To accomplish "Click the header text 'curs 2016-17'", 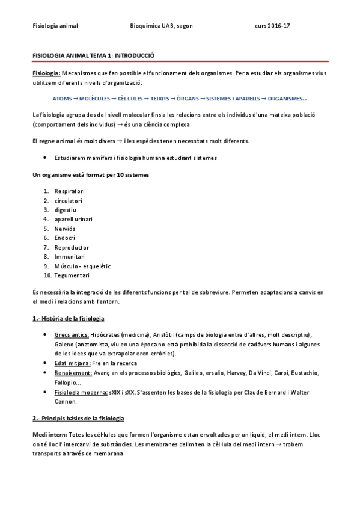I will coord(272,26).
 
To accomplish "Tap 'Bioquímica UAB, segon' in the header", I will coord(161,26).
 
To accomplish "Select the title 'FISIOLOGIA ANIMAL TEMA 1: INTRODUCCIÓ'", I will coord(93,55).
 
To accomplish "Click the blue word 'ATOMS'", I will coord(62,99).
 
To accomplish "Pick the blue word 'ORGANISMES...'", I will coord(287,99).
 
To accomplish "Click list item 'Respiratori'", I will coord(68,192).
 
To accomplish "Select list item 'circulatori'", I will coord(68,201).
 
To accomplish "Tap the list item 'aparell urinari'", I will coord(73,220).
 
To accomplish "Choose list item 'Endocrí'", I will coord(65,238).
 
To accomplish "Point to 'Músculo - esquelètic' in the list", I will coord(82,266).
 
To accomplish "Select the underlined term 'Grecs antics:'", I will coord(72,334).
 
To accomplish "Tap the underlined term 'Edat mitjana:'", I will coord(72,363).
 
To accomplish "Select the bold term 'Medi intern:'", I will coord(49,434).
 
